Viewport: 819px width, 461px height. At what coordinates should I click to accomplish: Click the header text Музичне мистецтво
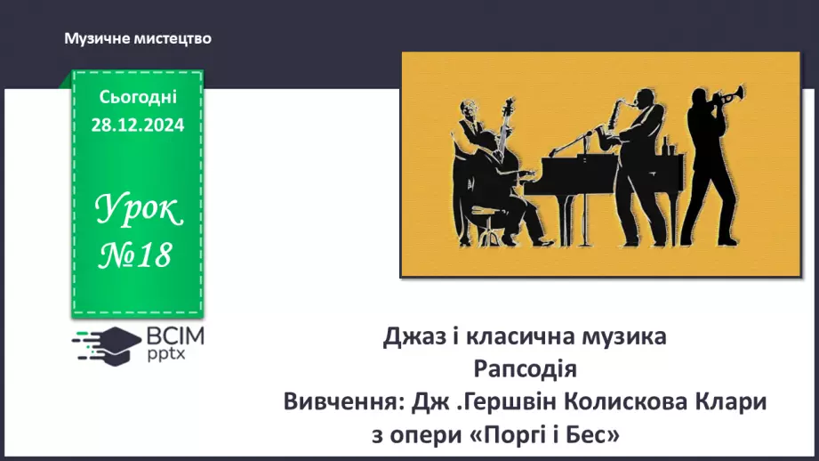(138, 39)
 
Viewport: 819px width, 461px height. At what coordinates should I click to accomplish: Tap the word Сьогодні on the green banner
(138, 97)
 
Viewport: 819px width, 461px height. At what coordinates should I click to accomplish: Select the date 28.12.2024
(138, 125)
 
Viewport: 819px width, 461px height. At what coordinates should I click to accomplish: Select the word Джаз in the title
(412, 337)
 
